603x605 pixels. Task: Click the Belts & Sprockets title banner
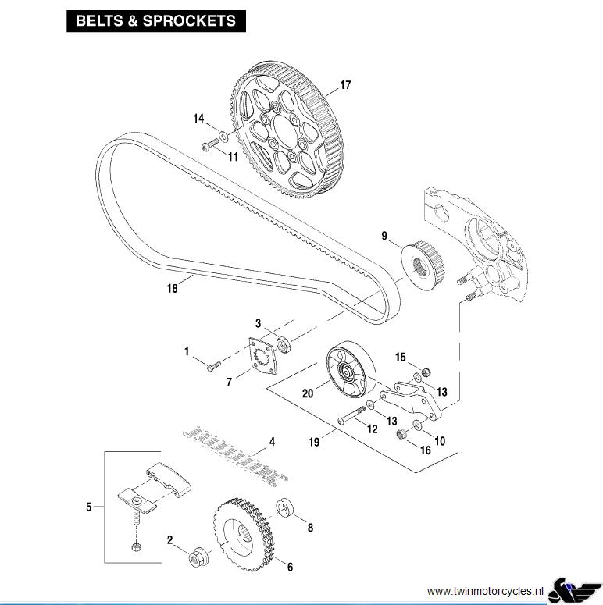coord(156,21)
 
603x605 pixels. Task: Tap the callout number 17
coord(345,85)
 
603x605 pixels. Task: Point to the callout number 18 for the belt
coord(172,288)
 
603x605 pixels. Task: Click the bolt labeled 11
coord(211,146)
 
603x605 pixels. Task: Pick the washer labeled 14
coord(223,136)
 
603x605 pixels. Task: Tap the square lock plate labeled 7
coord(263,356)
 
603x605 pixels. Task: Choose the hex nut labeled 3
coord(284,344)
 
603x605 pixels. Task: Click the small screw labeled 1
coord(213,366)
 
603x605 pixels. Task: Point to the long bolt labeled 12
coord(351,415)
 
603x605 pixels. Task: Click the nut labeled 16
coord(402,434)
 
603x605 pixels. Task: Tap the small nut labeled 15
coord(426,372)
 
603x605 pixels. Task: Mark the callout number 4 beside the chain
coord(272,442)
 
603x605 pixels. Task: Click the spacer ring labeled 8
coord(285,508)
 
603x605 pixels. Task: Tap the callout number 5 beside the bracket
coord(89,507)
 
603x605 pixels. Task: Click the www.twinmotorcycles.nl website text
coord(485,591)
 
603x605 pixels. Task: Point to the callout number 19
coord(314,442)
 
